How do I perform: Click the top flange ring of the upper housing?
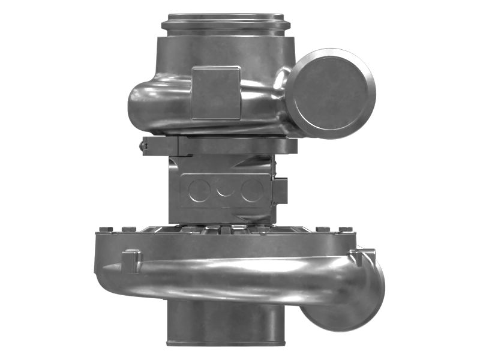point(226,24)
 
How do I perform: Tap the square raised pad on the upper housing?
point(215,93)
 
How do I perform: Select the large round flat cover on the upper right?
point(330,93)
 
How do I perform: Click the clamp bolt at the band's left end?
point(144,146)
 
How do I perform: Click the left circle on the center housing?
point(198,190)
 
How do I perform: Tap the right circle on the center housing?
point(252,190)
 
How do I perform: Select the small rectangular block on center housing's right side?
point(280,191)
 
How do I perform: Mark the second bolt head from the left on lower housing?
point(128,229)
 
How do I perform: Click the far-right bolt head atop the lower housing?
point(345,229)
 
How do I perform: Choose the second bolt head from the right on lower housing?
point(322,229)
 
